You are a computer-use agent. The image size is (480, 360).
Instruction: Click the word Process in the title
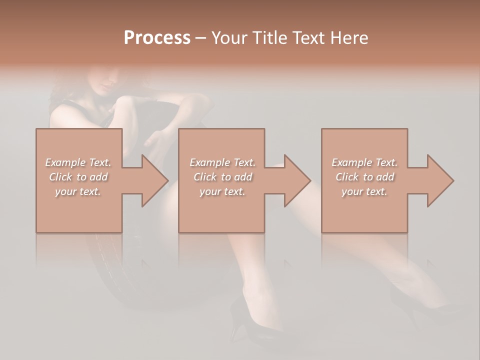pyautogui.click(x=157, y=38)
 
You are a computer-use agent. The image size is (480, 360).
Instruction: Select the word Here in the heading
pyautogui.click(x=348, y=38)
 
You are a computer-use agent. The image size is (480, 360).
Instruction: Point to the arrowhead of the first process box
pyautogui.click(x=155, y=180)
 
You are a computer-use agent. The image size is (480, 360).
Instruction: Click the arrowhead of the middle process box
pyautogui.click(x=297, y=180)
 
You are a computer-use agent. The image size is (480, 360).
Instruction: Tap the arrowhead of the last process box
pyautogui.click(x=440, y=180)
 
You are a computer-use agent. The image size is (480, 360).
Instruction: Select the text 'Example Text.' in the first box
pyautogui.click(x=78, y=162)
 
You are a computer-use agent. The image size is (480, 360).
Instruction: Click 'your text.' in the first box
pyautogui.click(x=78, y=191)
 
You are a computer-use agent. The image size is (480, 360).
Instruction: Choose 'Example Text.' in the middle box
pyautogui.click(x=222, y=162)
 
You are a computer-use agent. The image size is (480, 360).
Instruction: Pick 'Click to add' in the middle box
pyautogui.click(x=222, y=177)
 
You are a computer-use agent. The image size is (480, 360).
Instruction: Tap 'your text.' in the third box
pyautogui.click(x=364, y=191)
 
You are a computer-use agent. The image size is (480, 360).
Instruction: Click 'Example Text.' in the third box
pyautogui.click(x=364, y=162)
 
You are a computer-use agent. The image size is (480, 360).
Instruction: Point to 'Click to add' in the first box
pyautogui.click(x=78, y=177)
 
